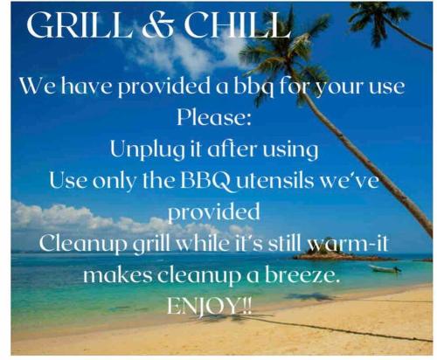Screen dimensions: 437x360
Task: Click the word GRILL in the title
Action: click(x=79, y=25)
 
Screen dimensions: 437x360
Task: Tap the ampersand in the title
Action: click(x=157, y=25)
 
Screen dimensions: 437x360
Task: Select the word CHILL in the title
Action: click(x=238, y=25)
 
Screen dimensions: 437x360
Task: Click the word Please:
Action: click(x=214, y=118)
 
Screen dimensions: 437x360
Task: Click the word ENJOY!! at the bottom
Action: click(x=209, y=306)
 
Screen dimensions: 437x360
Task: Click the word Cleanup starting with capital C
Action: click(x=83, y=245)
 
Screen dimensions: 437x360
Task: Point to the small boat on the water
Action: click(x=385, y=268)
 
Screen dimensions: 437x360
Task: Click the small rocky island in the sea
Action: click(x=343, y=254)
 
